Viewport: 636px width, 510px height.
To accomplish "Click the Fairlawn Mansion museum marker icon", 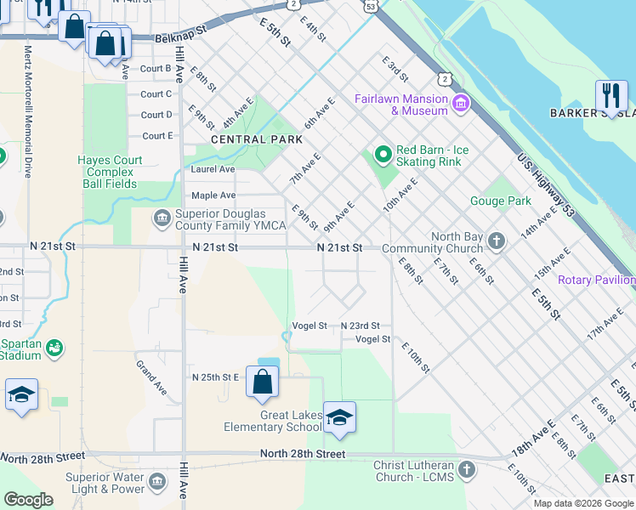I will coord(461,104).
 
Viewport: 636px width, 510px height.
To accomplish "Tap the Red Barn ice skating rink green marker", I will coord(383,154).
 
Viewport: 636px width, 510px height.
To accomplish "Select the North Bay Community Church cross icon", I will coord(497,242).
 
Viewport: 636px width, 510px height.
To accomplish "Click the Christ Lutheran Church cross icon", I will coord(466,470).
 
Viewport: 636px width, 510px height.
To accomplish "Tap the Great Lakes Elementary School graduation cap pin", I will coord(338,418).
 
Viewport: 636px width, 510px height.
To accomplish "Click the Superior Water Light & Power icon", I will coord(156,483).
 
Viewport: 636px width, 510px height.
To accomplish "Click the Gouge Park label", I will coord(501,201).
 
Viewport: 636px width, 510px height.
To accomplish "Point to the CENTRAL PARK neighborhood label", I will coord(251,139).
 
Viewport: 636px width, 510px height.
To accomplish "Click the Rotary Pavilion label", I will coord(596,280).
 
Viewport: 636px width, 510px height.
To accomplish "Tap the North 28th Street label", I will coord(303,454).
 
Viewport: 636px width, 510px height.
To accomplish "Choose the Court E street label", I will coord(157,136).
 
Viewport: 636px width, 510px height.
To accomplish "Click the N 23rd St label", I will coord(366,326).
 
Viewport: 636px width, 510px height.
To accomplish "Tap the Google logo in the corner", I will coord(27,500).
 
